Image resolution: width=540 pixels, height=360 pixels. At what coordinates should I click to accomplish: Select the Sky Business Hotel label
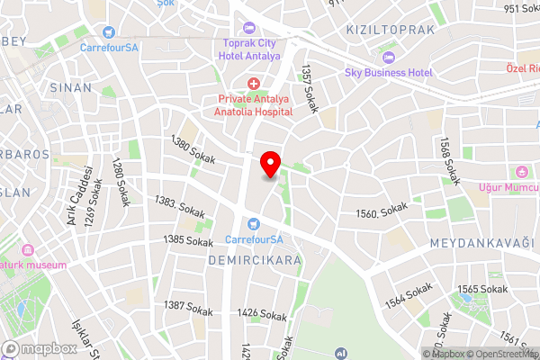[x=389, y=72]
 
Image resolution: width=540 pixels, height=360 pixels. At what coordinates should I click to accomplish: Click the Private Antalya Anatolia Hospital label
[x=254, y=106]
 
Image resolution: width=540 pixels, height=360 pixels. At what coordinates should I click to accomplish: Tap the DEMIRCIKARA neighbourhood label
[x=241, y=259]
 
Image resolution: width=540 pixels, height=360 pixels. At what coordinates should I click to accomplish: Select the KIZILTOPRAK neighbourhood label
[x=391, y=30]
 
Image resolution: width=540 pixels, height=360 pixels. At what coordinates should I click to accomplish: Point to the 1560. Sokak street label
[x=382, y=212]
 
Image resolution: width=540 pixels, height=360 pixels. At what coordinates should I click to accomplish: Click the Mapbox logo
[x=40, y=348]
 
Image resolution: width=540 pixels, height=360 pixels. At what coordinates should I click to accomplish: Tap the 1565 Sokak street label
[x=481, y=289]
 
